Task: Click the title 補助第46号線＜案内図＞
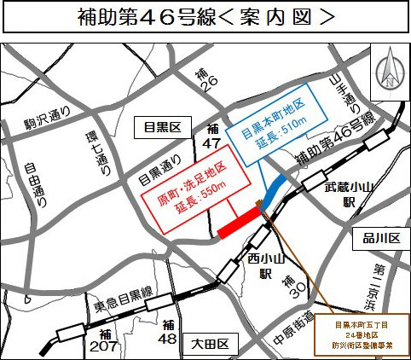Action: click(205, 17)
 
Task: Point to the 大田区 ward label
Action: click(210, 345)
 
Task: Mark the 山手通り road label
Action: click(350, 96)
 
